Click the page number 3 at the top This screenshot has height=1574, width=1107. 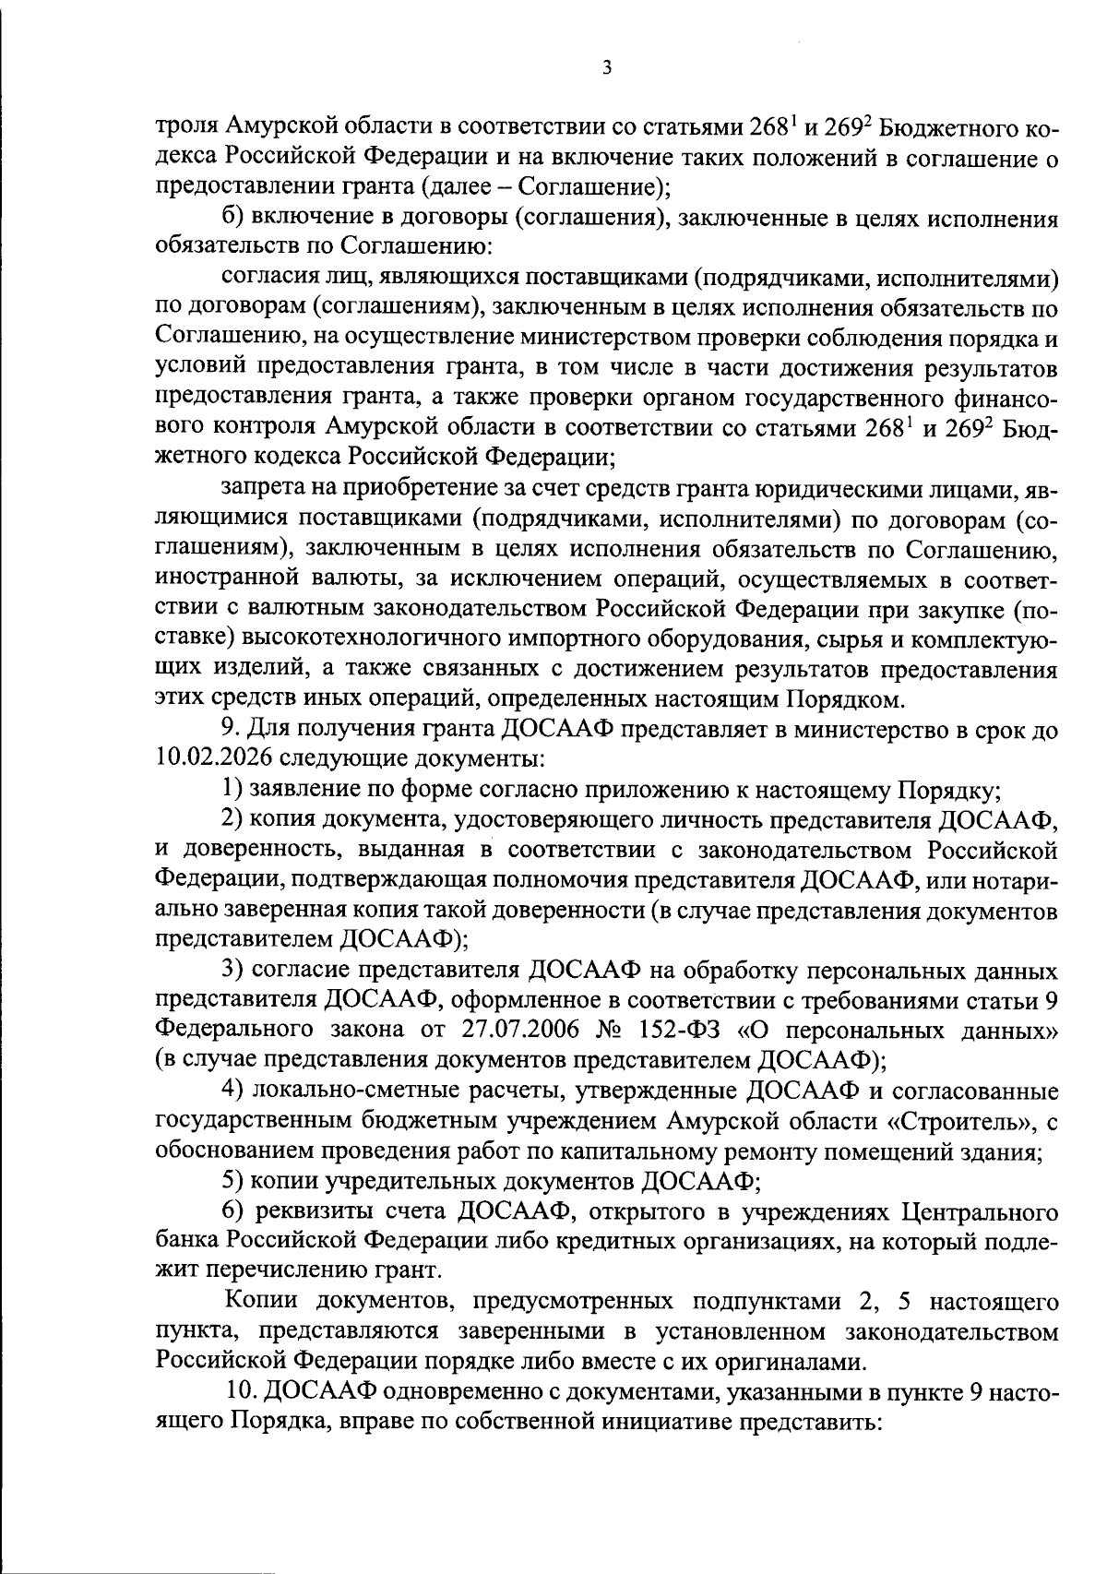click(x=605, y=68)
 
